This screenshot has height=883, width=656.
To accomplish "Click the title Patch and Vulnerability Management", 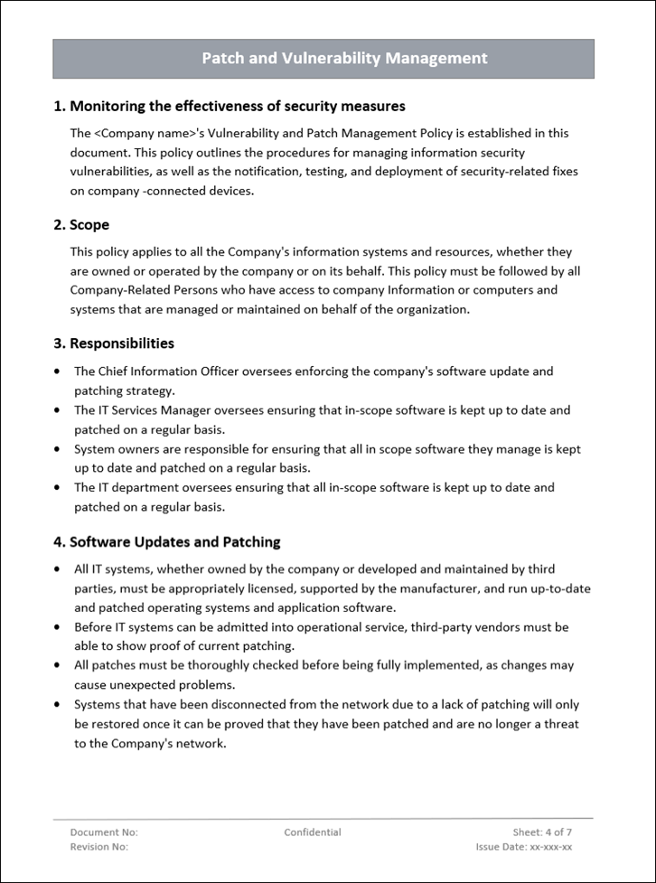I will (344, 59).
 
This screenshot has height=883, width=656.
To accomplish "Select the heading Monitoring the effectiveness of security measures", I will (230, 107).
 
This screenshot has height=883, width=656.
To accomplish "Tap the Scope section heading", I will (81, 225).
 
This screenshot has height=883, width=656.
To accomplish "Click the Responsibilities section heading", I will (114, 343).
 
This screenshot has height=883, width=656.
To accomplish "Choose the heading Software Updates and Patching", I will (167, 542).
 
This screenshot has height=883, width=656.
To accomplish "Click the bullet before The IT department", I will (58, 488).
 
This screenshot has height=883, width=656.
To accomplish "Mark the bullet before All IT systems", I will (58, 570).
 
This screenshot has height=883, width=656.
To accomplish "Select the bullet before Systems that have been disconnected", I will (58, 705).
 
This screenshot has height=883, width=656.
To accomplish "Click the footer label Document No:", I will (104, 832).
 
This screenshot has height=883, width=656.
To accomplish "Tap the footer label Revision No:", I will (99, 847).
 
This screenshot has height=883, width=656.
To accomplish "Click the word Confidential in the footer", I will (313, 832).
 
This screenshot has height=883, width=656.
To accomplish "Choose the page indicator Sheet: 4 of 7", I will (542, 832).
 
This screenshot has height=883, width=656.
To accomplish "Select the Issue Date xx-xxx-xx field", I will (524, 847).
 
